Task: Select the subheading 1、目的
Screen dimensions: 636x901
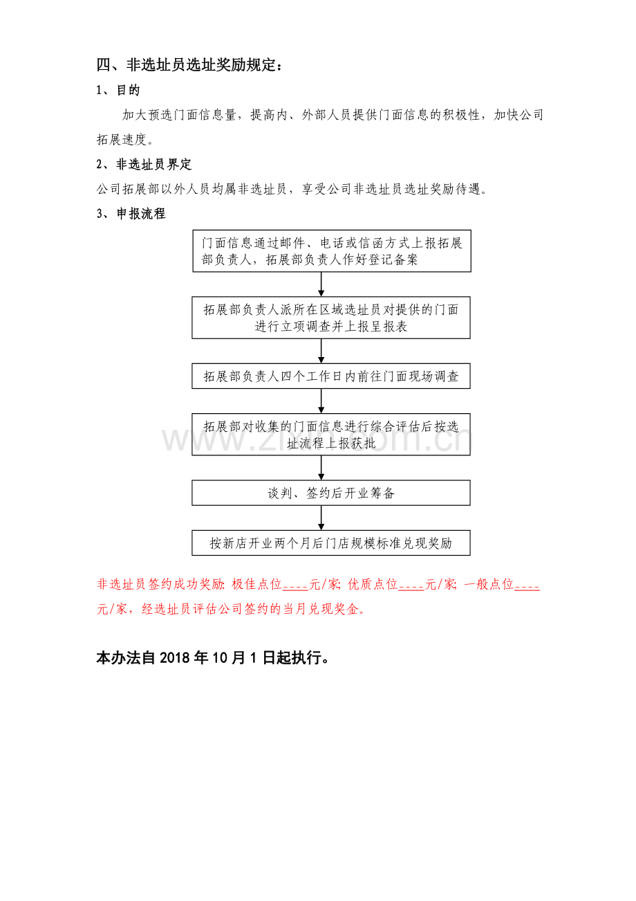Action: pyautogui.click(x=118, y=90)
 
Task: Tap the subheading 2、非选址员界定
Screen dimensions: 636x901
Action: pyautogui.click(x=143, y=164)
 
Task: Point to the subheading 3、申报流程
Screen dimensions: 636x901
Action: pyautogui.click(x=131, y=214)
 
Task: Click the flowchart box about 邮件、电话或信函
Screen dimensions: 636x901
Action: pyautogui.click(x=331, y=251)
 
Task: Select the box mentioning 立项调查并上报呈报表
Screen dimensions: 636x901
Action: pyautogui.click(x=330, y=318)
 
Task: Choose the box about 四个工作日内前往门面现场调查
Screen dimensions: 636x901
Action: pyautogui.click(x=330, y=376)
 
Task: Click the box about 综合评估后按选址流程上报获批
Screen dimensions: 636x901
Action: pyautogui.click(x=330, y=435)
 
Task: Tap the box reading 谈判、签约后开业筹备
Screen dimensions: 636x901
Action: pyautogui.click(x=330, y=493)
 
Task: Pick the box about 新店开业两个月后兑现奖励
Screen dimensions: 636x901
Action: pyautogui.click(x=330, y=543)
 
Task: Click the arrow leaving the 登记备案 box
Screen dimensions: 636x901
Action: pyautogui.click(x=321, y=284)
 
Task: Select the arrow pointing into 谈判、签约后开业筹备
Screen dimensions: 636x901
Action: pyautogui.click(x=321, y=468)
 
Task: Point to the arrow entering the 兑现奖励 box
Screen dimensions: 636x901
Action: pyautogui.click(x=321, y=518)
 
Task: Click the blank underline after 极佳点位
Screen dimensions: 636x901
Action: pyautogui.click(x=295, y=590)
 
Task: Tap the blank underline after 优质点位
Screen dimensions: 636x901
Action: pyautogui.click(x=411, y=590)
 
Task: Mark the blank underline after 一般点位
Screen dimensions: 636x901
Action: pyautogui.click(x=527, y=590)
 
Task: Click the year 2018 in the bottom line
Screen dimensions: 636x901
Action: pyautogui.click(x=175, y=657)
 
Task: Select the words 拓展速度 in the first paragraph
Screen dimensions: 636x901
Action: pyautogui.click(x=122, y=140)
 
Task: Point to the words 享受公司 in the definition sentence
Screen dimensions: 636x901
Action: pyautogui.click(x=327, y=189)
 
